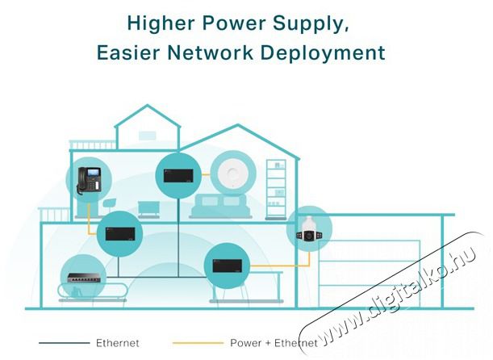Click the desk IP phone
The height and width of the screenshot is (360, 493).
coord(90,180)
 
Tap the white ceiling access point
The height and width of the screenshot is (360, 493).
coord(233,173)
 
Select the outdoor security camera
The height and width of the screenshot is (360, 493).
coord(309,229)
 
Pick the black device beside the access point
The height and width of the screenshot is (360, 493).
coord(178,175)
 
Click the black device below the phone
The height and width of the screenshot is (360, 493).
coord(120,234)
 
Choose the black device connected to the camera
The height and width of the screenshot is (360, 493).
coord(227,266)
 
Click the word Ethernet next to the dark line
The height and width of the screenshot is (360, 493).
coord(117,343)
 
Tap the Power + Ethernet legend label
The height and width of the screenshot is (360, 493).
coord(274,343)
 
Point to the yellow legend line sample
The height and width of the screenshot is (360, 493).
coord(198,343)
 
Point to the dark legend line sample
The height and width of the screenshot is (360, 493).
coord(64,343)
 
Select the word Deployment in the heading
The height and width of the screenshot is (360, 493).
coord(323,52)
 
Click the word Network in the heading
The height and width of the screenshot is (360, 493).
coord(210,52)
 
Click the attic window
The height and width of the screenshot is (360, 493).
coord(147,136)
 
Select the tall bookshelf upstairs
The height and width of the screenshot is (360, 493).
coord(276,189)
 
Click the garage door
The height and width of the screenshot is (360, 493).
coord(369,274)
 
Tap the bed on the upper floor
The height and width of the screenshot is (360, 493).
coord(221,206)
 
